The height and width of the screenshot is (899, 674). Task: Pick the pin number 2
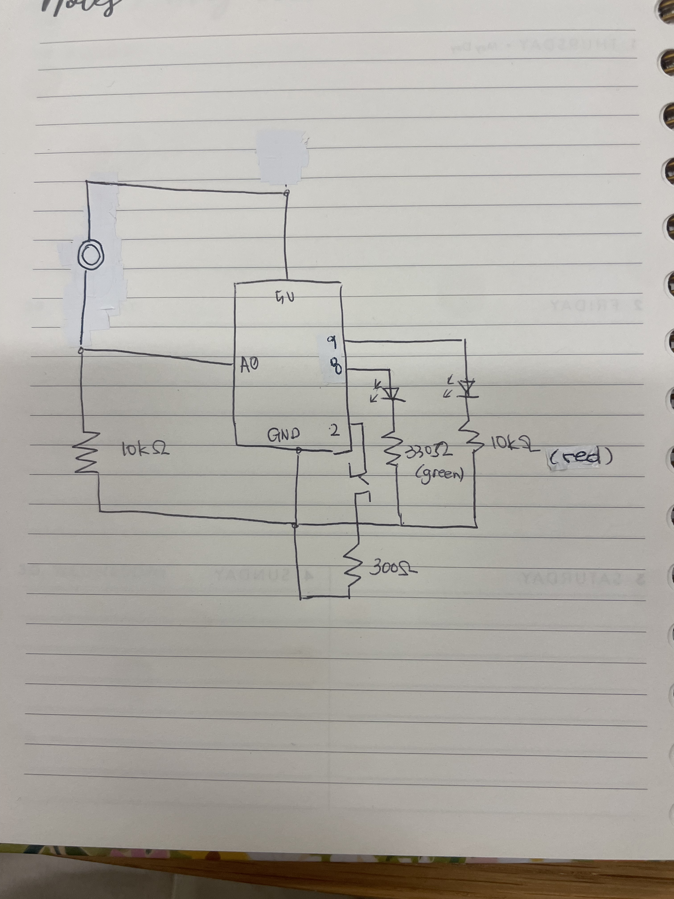(x=334, y=430)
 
